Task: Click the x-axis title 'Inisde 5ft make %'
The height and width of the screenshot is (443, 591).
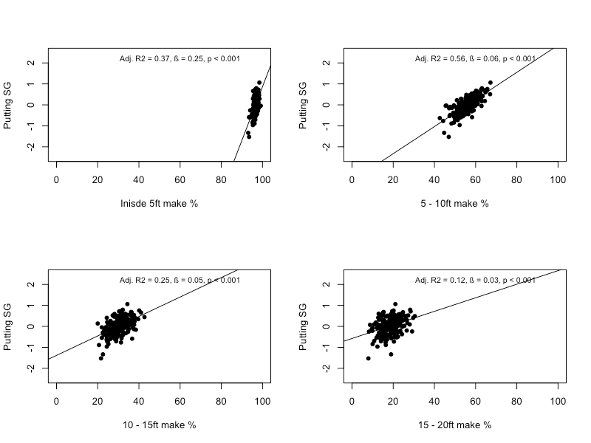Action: pos(159,204)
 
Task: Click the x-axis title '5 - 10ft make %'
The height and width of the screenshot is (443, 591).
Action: pos(455,204)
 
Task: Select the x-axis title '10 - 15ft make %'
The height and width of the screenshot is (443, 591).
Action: pos(159,425)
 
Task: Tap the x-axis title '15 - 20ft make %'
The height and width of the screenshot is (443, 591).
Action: pos(455,425)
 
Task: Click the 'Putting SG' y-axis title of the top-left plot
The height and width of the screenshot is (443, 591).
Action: pos(8,105)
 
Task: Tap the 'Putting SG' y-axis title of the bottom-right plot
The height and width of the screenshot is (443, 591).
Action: pos(304,326)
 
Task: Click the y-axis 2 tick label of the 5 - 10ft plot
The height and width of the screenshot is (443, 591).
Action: pos(326,63)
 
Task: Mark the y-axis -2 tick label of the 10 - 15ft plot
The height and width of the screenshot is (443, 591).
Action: pos(30,368)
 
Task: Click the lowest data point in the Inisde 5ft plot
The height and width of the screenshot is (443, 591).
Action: pos(249,137)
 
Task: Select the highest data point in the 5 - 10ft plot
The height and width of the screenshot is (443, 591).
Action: pos(490,83)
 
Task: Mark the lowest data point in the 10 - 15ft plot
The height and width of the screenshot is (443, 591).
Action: pos(101,358)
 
